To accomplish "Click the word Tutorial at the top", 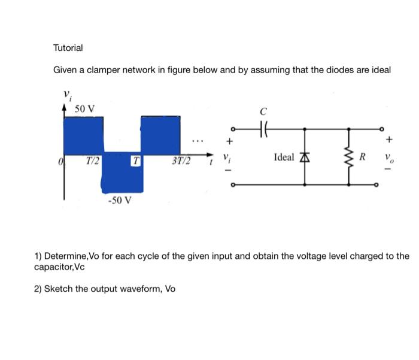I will [68, 47].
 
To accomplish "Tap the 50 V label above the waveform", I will [84, 108].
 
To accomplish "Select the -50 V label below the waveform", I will [120, 200].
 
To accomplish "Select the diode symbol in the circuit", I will [305, 158].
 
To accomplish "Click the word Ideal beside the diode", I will [284, 158].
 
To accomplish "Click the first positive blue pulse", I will [83, 134].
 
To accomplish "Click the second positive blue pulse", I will [160, 134].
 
